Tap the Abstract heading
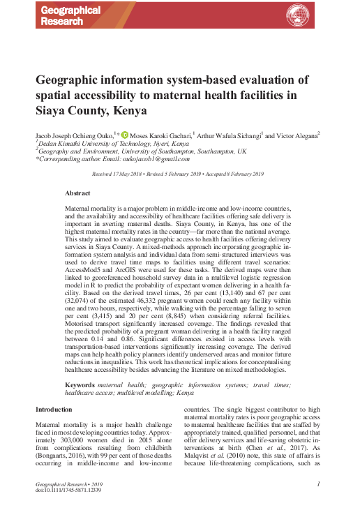pyautogui.click(x=77, y=193)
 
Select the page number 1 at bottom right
pyautogui.click(x=318, y=483)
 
